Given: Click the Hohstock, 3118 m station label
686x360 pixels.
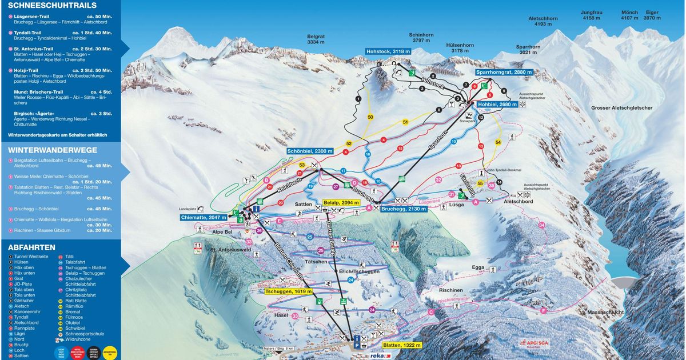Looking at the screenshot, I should click(x=389, y=51).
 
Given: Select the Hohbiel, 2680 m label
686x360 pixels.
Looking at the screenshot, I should click(x=489, y=105).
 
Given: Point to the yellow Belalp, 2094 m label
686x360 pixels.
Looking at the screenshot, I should click(x=342, y=202).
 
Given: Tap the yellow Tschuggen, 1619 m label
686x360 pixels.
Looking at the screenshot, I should click(x=289, y=291).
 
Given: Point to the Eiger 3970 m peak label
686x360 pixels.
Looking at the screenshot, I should click(x=652, y=15).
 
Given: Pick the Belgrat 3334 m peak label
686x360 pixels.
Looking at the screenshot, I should click(x=316, y=38).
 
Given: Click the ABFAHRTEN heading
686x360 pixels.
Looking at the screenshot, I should click(x=31, y=247).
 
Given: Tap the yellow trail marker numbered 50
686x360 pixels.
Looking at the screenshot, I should click(x=370, y=117).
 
